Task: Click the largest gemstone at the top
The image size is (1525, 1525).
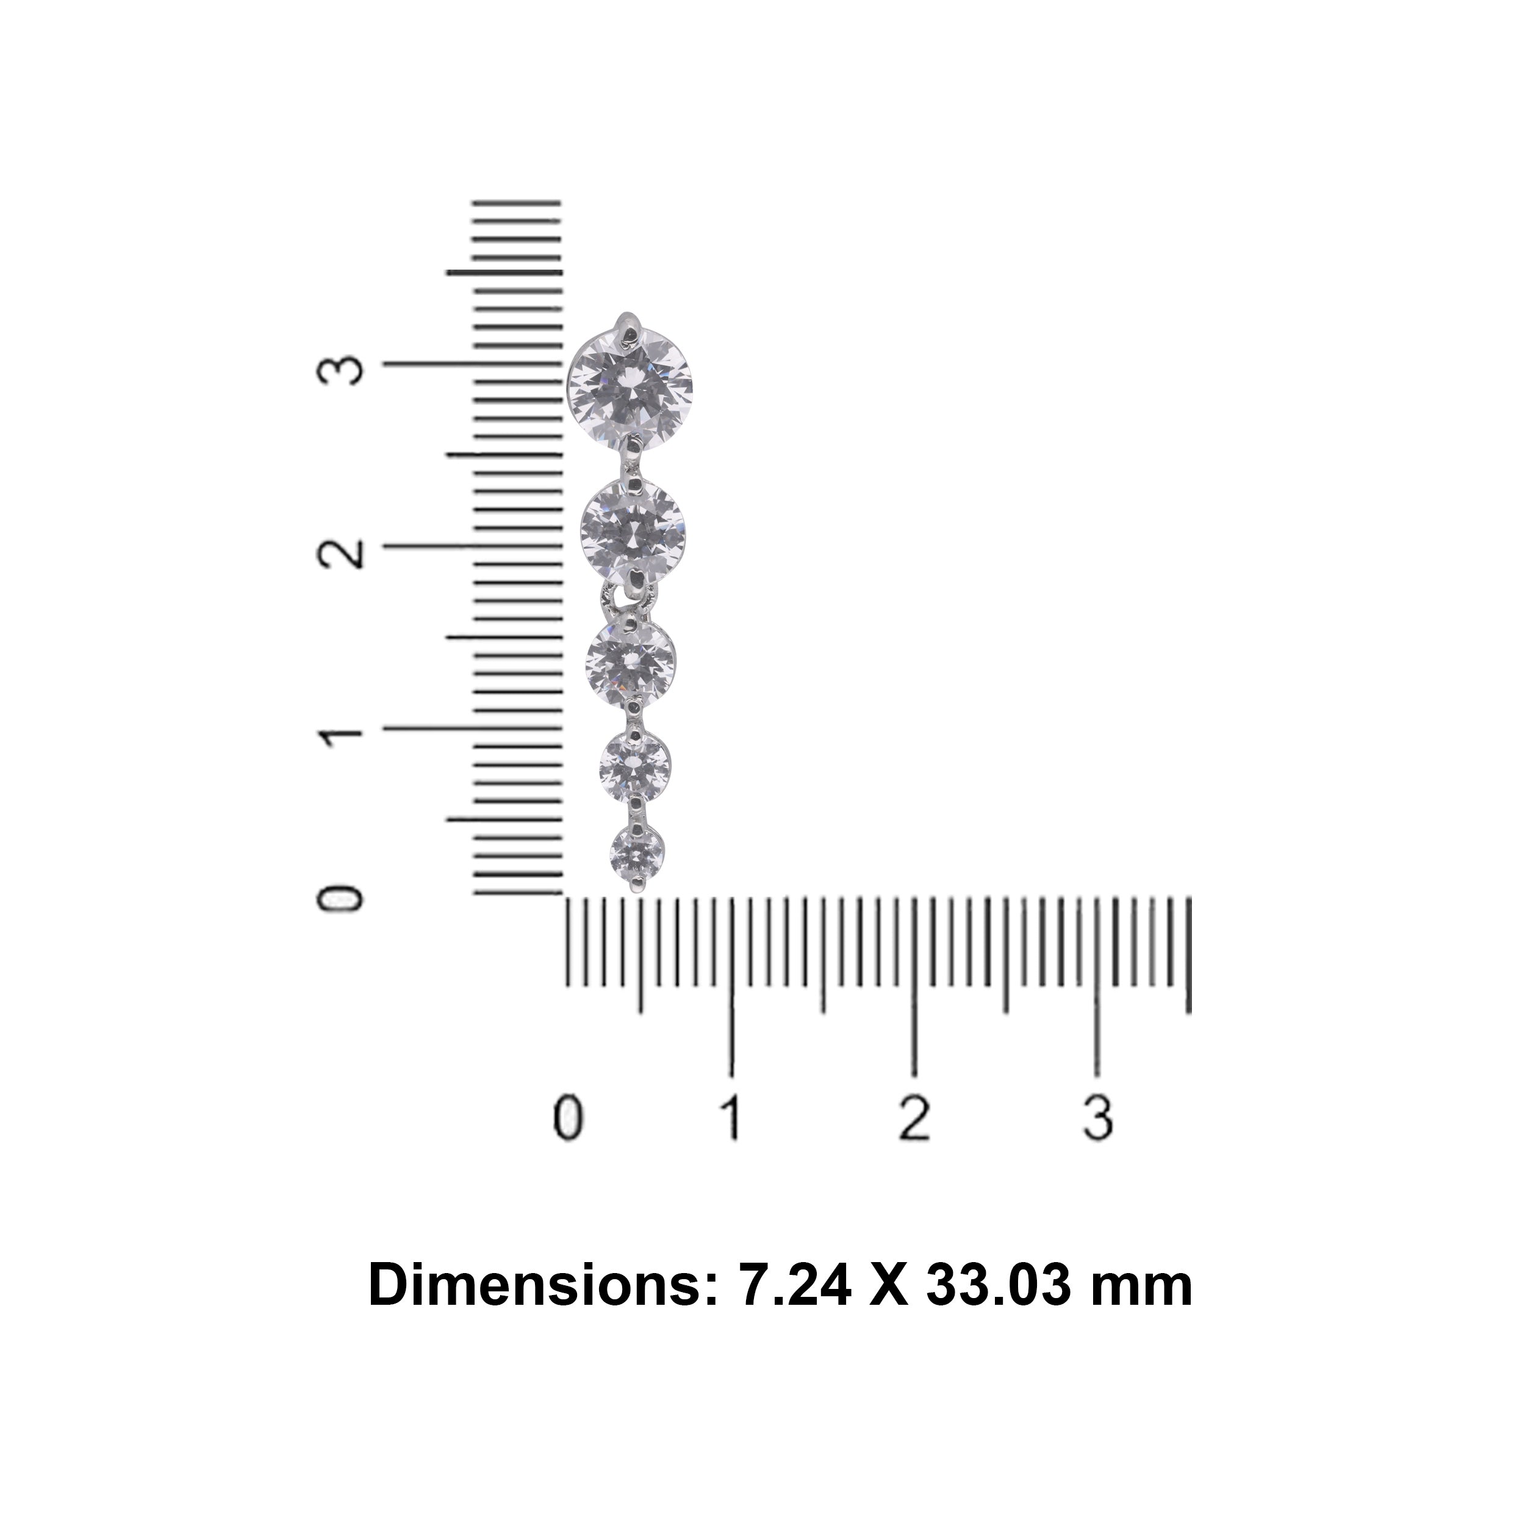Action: point(630,386)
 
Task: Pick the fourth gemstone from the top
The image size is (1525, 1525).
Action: point(634,765)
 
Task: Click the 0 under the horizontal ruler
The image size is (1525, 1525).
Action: point(567,1119)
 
